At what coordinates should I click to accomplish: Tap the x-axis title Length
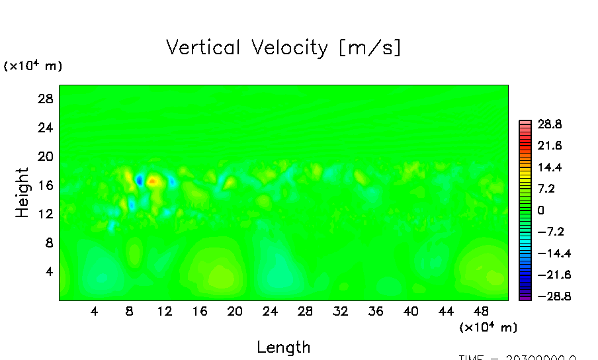pos(283,347)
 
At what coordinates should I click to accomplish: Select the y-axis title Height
pos(22,193)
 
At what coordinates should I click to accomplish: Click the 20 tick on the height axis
pos(44,156)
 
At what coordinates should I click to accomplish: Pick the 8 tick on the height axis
pos(48,243)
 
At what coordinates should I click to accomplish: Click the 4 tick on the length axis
pos(95,311)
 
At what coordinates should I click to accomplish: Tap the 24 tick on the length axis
pos(270,311)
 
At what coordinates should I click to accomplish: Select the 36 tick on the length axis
pos(375,311)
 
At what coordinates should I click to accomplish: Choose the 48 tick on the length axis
pos(481,311)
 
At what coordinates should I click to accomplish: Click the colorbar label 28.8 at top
pos(550,124)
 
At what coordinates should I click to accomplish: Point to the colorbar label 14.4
pos(550,167)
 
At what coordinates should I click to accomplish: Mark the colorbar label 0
pos(540,210)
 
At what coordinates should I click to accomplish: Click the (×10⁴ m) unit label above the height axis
pos(33,66)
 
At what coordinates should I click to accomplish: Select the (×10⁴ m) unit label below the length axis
pos(488,327)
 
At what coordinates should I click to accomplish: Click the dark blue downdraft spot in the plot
pos(140,180)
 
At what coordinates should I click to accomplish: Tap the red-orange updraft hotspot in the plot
pos(153,179)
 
